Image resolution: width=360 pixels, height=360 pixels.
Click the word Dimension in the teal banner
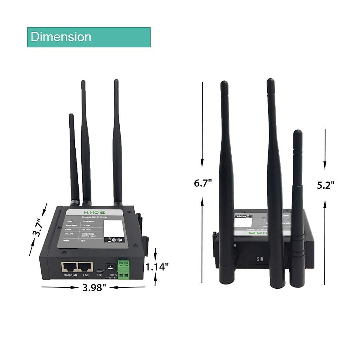pos(61,37)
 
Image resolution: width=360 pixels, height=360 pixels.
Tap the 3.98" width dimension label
pos(94,288)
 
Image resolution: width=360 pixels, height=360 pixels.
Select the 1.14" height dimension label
pos(157,267)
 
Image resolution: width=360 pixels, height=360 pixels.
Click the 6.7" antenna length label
pos(203,183)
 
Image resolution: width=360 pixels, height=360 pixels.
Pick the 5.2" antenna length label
pos(325,185)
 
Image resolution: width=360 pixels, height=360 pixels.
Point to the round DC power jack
pos(110,267)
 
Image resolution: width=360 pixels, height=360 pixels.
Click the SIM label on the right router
pos(260,259)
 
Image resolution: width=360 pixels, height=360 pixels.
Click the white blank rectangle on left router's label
pos(113,229)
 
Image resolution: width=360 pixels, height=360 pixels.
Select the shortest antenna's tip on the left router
pos(71,115)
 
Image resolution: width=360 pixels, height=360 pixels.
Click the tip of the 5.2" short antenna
pos(297,132)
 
